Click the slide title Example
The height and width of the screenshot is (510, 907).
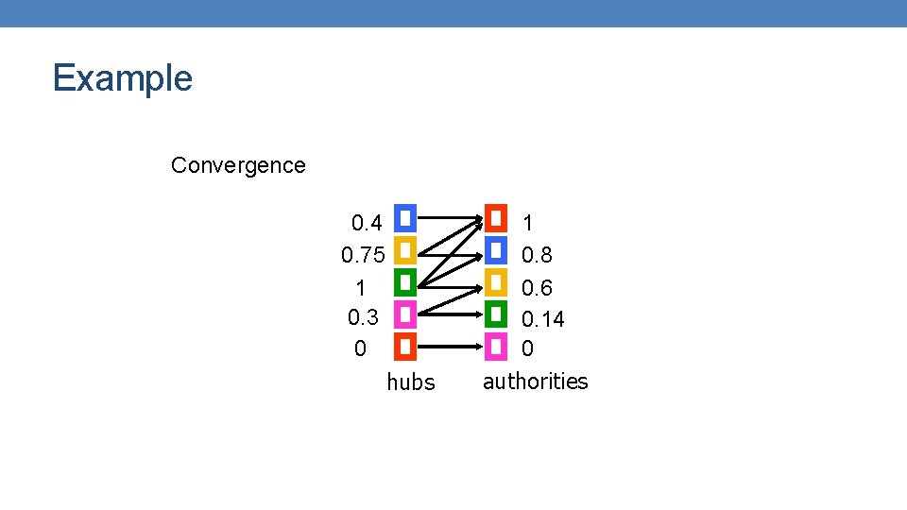(123, 77)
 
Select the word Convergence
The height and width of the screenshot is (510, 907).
(238, 165)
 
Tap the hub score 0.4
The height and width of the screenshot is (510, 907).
(367, 224)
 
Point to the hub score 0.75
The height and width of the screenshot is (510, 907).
(363, 256)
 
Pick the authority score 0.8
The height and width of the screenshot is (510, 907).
(537, 256)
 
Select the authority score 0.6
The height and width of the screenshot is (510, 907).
(537, 288)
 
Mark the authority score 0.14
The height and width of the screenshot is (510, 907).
(542, 319)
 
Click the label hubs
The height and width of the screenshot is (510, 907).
(411, 382)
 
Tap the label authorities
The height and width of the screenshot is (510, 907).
(535, 382)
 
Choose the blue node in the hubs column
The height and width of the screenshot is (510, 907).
(404, 218)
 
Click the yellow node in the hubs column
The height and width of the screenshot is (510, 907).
(404, 250)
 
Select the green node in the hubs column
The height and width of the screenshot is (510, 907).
(404, 281)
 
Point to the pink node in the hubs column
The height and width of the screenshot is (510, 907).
(404, 314)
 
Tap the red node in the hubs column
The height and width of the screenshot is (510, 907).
(404, 347)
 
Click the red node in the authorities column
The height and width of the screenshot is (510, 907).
(496, 218)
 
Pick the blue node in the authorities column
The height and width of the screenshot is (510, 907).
(496, 250)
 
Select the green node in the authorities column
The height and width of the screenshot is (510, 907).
(496, 314)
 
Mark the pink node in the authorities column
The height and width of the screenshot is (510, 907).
(496, 347)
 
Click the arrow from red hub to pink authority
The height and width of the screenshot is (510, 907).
(450, 347)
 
